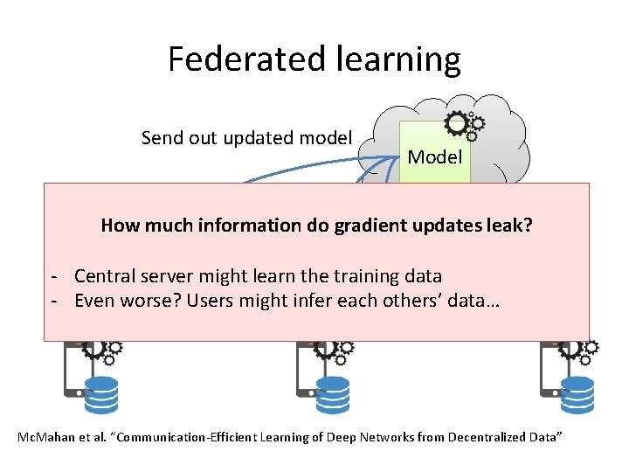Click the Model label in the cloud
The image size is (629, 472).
tap(434, 158)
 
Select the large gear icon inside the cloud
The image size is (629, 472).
tap(455, 122)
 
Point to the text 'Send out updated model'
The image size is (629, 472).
tap(246, 138)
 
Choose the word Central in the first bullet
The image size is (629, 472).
tap(104, 276)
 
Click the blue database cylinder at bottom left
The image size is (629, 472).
tap(101, 394)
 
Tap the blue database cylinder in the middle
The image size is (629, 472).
tap(332, 394)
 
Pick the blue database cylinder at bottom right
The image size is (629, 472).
tap(577, 394)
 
